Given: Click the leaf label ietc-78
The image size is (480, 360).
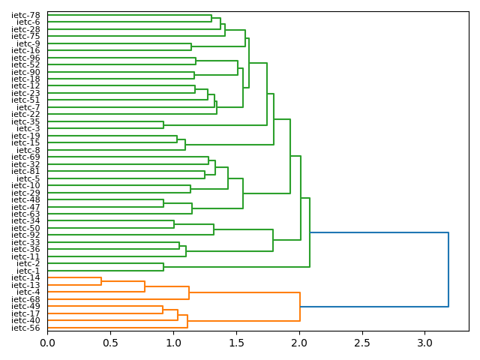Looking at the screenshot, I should click(26, 15).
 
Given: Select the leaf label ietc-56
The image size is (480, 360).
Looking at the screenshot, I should click(26, 328).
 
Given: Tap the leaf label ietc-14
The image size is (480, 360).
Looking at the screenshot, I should click(26, 278).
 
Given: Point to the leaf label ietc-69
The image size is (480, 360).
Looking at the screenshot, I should click(26, 157).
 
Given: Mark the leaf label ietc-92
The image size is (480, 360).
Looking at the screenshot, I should click(26, 235).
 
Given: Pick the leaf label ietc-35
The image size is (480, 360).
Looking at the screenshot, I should click(26, 121).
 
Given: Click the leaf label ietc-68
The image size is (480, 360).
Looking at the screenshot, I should click(26, 299).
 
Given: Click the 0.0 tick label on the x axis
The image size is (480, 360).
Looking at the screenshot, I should click(47, 343).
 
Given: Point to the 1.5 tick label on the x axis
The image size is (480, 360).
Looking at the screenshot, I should click(236, 343).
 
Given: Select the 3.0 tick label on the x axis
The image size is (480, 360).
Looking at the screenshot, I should click(424, 343).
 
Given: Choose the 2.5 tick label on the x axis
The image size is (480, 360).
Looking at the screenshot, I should click(361, 343).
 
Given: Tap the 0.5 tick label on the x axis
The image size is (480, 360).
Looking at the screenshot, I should click(110, 343).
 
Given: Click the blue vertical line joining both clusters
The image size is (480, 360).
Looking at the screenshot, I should click(448, 270).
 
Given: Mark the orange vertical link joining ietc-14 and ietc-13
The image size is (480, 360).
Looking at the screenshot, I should click(101, 281).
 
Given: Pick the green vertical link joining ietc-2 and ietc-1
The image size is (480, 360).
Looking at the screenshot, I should click(163, 267).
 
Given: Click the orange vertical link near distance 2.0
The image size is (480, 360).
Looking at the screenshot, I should click(300, 307).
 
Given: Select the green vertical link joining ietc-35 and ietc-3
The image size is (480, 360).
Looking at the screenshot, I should click(163, 124).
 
